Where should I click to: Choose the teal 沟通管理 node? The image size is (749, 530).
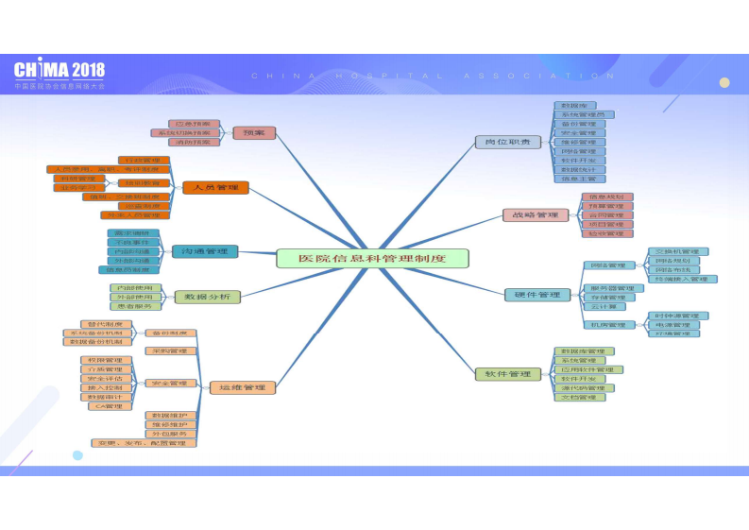[204, 251]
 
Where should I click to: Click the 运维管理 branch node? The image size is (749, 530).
[242, 387]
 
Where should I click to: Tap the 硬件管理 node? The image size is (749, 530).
[537, 296]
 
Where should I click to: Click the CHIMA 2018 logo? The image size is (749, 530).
[59, 72]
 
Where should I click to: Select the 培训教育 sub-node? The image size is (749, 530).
[144, 182]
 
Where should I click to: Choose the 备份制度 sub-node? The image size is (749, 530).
[171, 333]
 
